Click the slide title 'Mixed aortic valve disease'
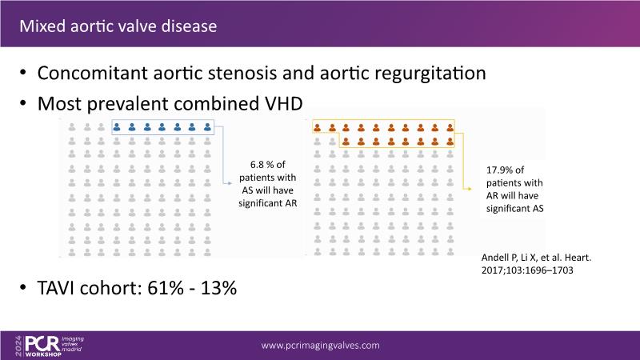118,26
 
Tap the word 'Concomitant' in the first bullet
92,73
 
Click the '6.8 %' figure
262,165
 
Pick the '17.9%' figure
499,170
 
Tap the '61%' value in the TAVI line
166,288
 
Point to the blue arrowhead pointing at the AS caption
230,184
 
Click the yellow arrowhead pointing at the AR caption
470,189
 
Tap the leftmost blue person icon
117,127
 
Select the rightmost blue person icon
207,127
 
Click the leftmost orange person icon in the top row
317,128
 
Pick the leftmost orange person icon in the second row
346,142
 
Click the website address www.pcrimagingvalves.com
321,346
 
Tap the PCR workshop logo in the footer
49,346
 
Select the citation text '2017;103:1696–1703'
527,270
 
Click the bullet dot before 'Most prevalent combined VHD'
23,103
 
